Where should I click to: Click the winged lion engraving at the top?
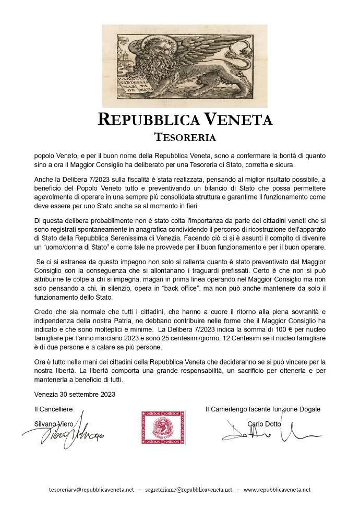pyautogui.click(x=185, y=66)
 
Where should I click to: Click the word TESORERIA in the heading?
pyautogui.click(x=185, y=137)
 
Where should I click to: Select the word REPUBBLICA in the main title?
pyautogui.click(x=148, y=120)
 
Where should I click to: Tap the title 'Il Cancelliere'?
pyautogui.click(x=53, y=409)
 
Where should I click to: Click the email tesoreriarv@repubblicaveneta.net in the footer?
pyautogui.click(x=91, y=490)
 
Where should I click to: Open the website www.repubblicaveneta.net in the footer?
pyautogui.click(x=277, y=490)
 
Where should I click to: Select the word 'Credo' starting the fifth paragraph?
pyautogui.click(x=43, y=311)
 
